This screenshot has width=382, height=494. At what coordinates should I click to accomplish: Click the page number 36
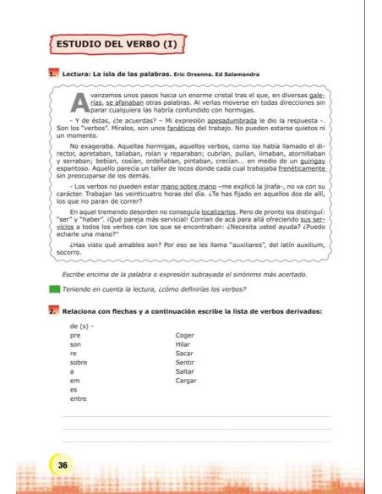coord(63,464)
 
